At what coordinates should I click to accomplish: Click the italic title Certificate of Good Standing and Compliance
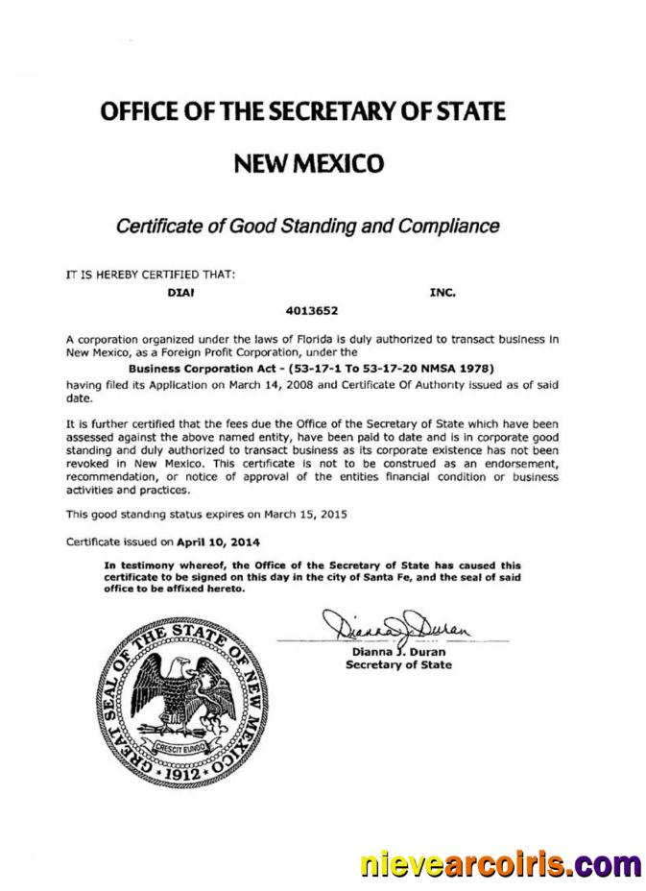[307, 227]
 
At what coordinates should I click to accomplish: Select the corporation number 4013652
[312, 311]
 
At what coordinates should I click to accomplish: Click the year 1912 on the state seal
[182, 770]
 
